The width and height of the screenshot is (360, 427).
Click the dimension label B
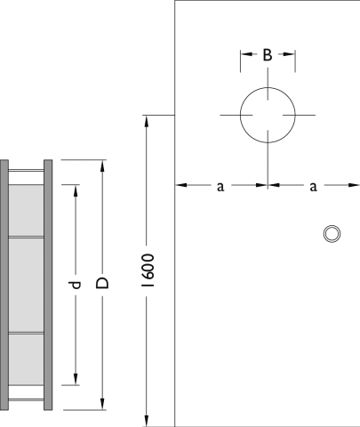[x=268, y=55]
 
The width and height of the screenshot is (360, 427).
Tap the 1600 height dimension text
[x=148, y=270]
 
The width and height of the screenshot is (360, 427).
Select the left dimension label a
[x=220, y=187]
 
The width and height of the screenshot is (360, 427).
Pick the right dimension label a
[x=313, y=187]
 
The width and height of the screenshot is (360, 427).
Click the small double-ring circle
[x=332, y=234]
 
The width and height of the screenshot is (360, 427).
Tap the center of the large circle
[x=268, y=115]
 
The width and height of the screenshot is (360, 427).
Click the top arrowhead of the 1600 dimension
[x=146, y=121]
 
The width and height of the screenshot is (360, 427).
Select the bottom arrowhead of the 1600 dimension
[x=146, y=421]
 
